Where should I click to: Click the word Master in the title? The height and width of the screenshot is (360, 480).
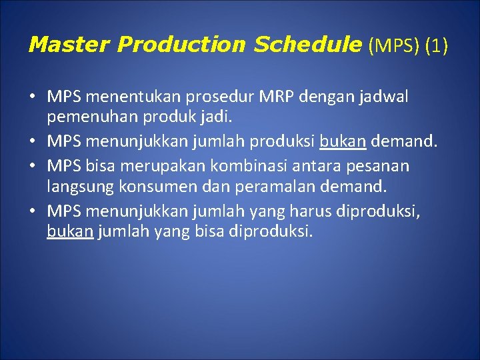click(x=69, y=45)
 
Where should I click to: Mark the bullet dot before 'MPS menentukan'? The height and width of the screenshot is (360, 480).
click(x=32, y=98)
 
